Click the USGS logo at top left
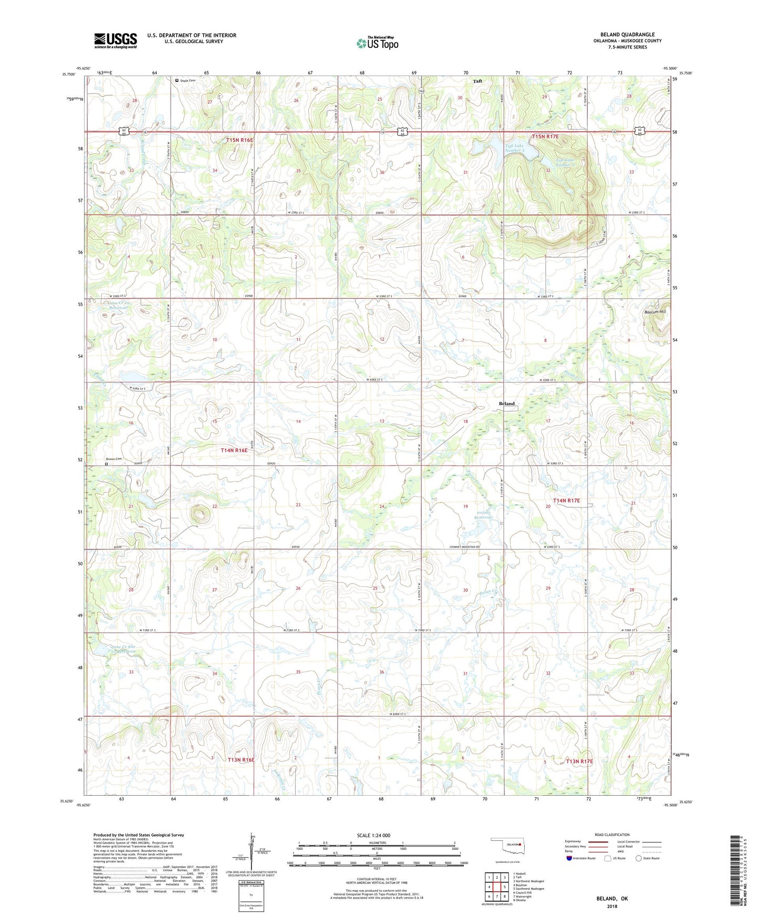coord(116,40)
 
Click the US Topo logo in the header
coord(377,43)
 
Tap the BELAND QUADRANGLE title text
coord(627,35)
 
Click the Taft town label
coord(477,81)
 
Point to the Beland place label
coord(506,404)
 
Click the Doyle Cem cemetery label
coord(188,80)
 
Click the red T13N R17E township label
coord(579,761)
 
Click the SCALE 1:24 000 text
coord(373,835)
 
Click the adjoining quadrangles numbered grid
coord(496,888)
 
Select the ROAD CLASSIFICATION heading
coord(612,835)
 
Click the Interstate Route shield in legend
coord(569,858)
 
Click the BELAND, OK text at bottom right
coord(611,899)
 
